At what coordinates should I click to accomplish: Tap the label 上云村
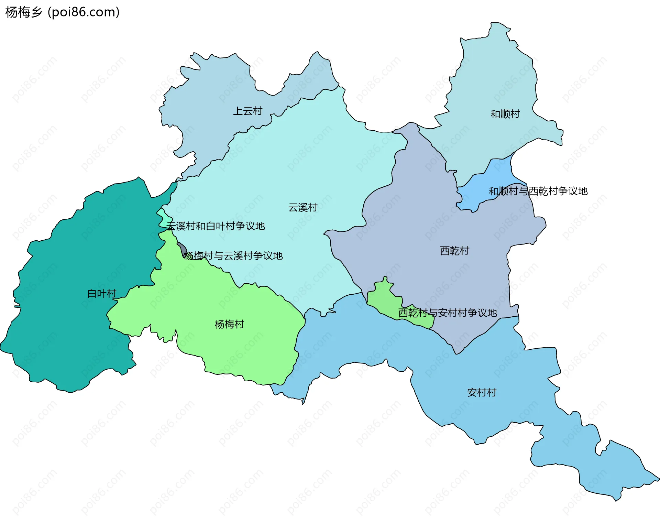247,111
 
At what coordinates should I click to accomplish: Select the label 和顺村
505,114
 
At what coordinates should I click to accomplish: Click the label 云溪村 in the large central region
302,208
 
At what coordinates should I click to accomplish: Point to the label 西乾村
454,251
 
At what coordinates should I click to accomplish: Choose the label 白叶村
102,294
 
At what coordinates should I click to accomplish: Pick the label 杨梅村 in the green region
229,324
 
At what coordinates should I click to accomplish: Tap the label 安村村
482,392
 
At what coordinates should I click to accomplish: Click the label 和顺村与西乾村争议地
538,191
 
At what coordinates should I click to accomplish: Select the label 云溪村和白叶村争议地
216,226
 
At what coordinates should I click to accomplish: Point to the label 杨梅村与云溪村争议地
233,256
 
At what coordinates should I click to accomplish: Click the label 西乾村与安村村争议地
447,313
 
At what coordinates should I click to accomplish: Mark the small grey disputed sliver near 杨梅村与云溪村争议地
183,249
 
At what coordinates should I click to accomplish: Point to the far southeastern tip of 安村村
657,478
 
